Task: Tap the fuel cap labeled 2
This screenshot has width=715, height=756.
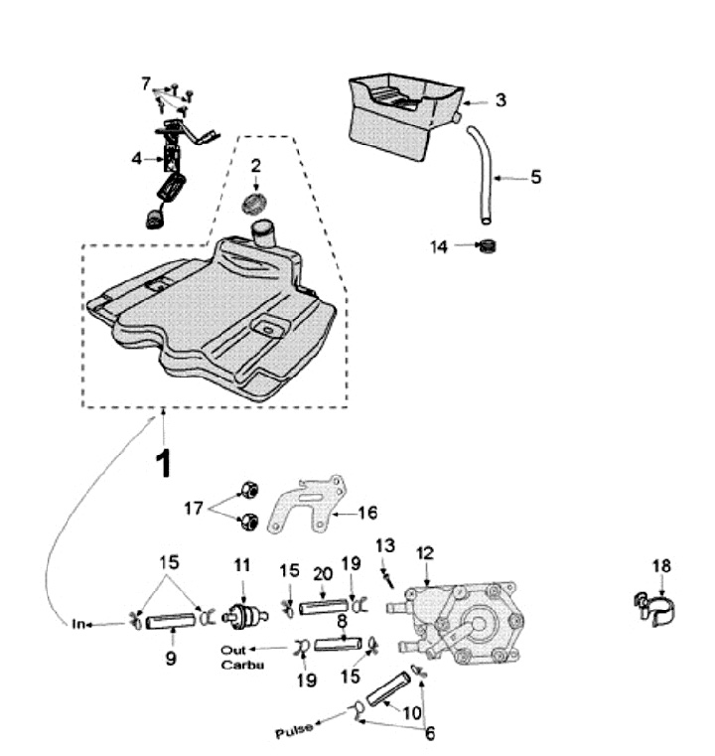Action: click(256, 205)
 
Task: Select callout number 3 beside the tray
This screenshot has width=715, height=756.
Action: click(500, 99)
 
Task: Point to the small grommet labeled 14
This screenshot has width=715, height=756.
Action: click(487, 245)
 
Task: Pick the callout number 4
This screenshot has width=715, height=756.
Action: click(137, 156)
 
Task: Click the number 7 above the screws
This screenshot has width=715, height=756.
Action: click(146, 82)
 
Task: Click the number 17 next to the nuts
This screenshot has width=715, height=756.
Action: click(194, 509)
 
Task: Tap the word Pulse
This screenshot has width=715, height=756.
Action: click(293, 730)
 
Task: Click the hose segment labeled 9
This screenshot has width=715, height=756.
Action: click(173, 624)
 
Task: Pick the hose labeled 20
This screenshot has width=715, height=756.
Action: click(320, 605)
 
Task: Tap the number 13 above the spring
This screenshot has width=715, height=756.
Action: click(385, 544)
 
